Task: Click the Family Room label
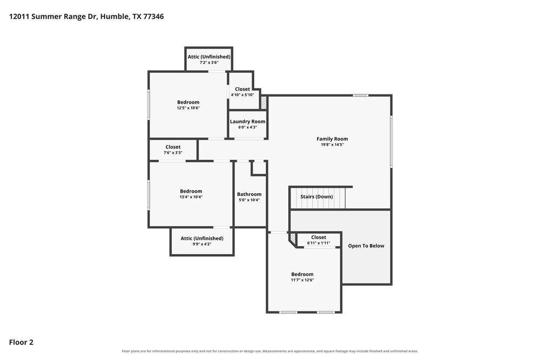pyautogui.click(x=332, y=139)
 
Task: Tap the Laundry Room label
pyautogui.click(x=248, y=121)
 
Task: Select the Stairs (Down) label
pyautogui.click(x=316, y=196)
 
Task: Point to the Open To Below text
pyautogui.click(x=366, y=246)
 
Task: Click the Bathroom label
pyautogui.click(x=249, y=194)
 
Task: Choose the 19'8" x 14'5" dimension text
pyautogui.click(x=332, y=145)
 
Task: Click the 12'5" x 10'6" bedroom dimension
pyautogui.click(x=188, y=108)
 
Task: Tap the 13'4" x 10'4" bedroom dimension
pyautogui.click(x=191, y=197)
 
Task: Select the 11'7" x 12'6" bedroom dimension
pyautogui.click(x=302, y=280)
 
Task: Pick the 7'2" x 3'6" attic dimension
pyautogui.click(x=209, y=63)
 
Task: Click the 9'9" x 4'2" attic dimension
pyautogui.click(x=202, y=244)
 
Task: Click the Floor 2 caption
pyautogui.click(x=21, y=342)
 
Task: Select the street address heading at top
pyautogui.click(x=86, y=17)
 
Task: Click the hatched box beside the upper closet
pyautogui.click(x=264, y=103)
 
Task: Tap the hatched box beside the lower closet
pyautogui.click(x=292, y=238)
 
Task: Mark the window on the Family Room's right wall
pyautogui.click(x=391, y=142)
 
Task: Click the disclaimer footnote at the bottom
pyautogui.click(x=270, y=351)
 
